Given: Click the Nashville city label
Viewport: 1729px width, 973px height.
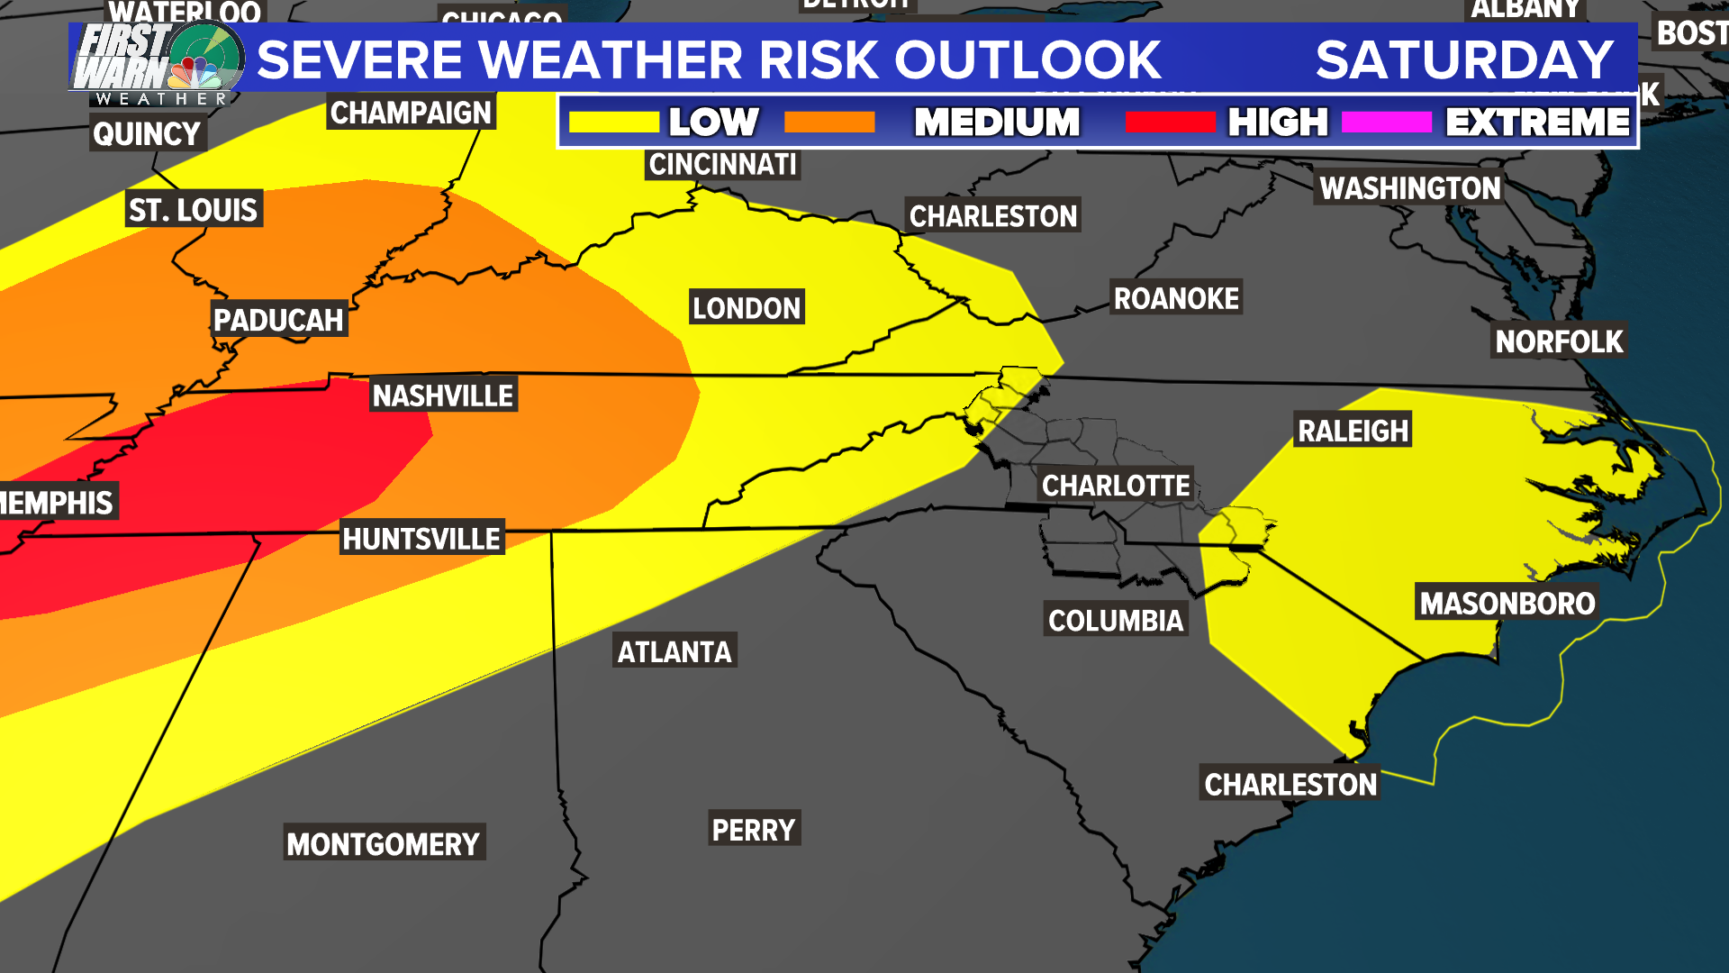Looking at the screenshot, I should (x=442, y=396).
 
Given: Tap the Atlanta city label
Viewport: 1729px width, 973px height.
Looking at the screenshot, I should (x=674, y=651).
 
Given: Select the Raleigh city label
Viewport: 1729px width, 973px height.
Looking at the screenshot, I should (x=1353, y=431).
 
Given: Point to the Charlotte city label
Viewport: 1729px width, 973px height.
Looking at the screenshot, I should (x=1116, y=486).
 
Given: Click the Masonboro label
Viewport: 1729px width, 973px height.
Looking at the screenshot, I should (x=1507, y=603).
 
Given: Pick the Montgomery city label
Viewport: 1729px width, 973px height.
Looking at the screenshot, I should (x=384, y=843).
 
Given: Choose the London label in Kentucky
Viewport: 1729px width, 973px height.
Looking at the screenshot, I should (x=746, y=308).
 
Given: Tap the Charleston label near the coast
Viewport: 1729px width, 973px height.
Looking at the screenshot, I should (x=1290, y=784).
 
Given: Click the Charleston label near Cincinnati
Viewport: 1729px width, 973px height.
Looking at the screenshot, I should (x=992, y=216).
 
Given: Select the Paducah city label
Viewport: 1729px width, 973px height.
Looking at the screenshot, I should (x=278, y=320).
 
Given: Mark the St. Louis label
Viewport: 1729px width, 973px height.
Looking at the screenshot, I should (x=194, y=210).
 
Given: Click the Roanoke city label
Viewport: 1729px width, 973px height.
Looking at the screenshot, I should (x=1176, y=298).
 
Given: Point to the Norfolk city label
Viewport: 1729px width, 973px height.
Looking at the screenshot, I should (x=1559, y=341).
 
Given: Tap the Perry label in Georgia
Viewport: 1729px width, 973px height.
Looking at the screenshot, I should (x=753, y=829).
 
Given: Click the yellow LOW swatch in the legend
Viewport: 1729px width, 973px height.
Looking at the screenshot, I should (x=614, y=123).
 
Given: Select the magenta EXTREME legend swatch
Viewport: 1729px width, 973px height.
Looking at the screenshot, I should (x=1386, y=123).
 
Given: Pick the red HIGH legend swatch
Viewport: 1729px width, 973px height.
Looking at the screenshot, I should (x=1170, y=123).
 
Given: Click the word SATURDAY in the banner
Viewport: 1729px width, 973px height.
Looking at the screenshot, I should (x=1464, y=60).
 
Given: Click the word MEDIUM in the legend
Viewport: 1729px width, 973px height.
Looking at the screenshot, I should (x=996, y=123).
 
